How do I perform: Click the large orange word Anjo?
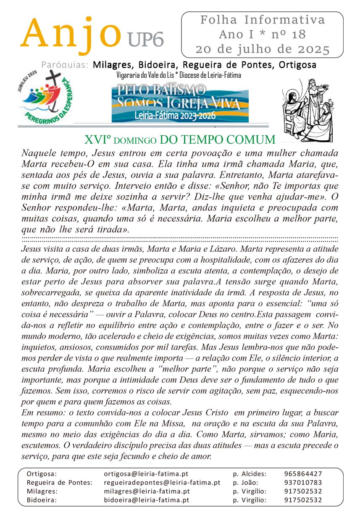point(69,34)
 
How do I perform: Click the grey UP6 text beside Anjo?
point(145,41)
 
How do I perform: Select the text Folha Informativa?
point(263,20)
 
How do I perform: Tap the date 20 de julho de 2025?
point(263,49)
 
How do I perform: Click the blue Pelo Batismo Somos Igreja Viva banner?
point(180,103)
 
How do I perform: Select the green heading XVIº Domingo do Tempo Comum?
point(180,139)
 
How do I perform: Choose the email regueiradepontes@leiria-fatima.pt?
point(162,482)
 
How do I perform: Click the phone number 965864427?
point(303,473)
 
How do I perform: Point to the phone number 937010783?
point(303,482)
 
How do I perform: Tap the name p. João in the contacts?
point(245,482)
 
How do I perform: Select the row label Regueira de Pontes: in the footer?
point(59,482)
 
